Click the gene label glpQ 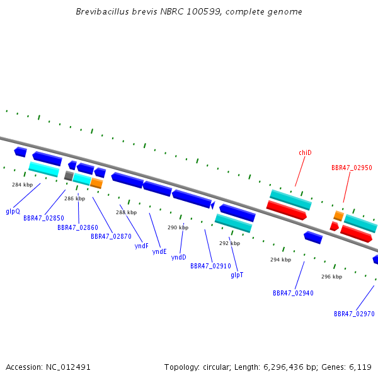[x=13, y=212]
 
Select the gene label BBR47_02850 [x=43, y=218]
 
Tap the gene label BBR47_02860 [x=78, y=227]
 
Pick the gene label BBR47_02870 [x=111, y=236]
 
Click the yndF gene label [x=142, y=246]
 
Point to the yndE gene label [x=160, y=251]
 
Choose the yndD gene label [x=179, y=257]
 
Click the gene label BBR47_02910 [x=210, y=266]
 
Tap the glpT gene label [x=237, y=275]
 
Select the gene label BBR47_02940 [x=293, y=293]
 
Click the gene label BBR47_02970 [x=354, y=314]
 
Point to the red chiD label [x=305, y=152]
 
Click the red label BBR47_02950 [x=352, y=168]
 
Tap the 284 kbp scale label [x=22, y=185]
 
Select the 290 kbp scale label [x=178, y=227]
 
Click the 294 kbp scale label [x=280, y=260]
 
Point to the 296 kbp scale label [x=331, y=277]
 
